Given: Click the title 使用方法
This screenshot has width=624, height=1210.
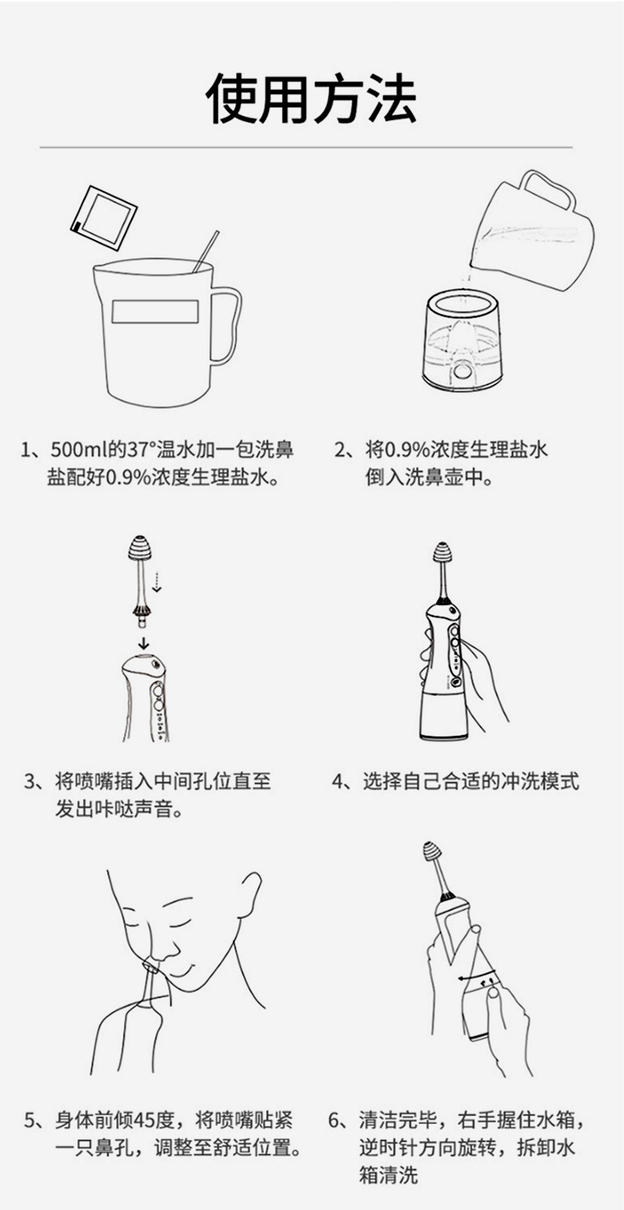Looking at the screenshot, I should (x=311, y=99).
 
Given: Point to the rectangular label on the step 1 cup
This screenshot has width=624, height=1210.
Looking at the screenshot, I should (x=155, y=311).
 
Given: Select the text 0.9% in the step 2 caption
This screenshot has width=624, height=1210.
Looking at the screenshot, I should (x=407, y=451).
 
